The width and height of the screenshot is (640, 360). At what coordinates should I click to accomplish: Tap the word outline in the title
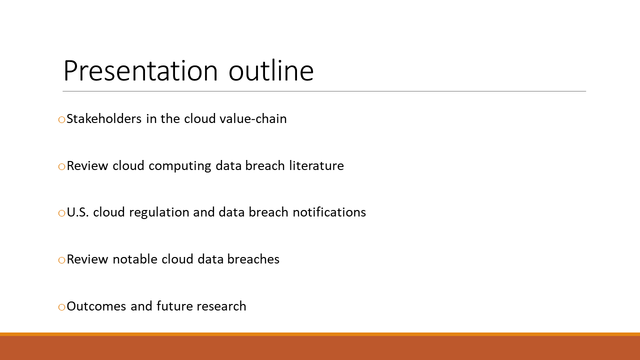coord(271,70)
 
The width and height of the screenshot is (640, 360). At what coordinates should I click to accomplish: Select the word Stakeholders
coord(104,118)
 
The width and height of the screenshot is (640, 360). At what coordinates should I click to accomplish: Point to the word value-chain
coord(253,118)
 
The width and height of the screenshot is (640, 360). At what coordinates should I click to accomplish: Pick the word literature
coord(316,165)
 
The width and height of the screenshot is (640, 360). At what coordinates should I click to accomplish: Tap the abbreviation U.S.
coord(77,212)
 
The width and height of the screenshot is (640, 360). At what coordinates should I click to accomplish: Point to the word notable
coord(135,259)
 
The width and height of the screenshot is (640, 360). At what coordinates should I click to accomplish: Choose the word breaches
coord(253,259)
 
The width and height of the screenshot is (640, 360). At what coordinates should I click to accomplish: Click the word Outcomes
coord(96,306)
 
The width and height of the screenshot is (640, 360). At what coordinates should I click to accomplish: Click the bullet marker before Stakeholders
coord(61,119)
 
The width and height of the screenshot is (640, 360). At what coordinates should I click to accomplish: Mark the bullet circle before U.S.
coord(61,213)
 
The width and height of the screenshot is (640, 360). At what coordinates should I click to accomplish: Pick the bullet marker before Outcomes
coord(61,307)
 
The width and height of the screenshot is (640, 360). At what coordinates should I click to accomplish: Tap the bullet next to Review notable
coord(61,260)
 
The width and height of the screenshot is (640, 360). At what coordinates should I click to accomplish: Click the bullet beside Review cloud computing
coord(61,166)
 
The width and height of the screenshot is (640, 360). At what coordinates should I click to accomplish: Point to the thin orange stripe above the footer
coord(320,334)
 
